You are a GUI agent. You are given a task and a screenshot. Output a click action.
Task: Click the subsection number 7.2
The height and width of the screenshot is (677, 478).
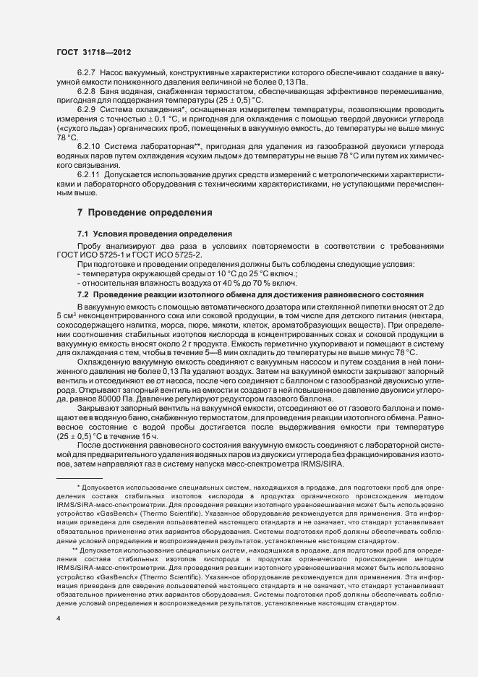(x=82, y=294)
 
